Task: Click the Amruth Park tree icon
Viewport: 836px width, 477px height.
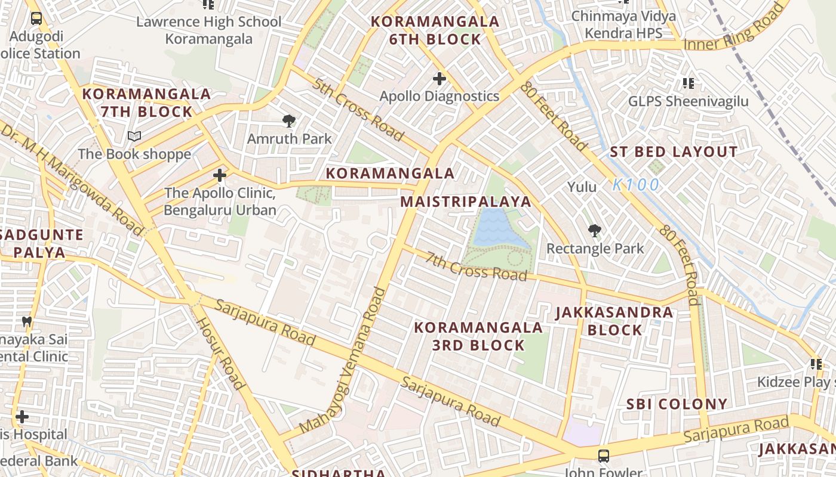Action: click(x=289, y=121)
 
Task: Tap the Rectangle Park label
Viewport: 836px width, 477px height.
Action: click(x=595, y=248)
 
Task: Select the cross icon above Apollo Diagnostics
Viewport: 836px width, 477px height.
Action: click(x=439, y=78)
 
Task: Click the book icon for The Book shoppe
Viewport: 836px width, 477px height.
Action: click(x=134, y=137)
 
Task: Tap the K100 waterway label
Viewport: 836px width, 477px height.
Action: click(x=636, y=185)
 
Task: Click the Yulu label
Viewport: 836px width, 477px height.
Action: click(x=582, y=187)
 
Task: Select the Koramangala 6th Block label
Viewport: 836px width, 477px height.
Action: click(x=435, y=30)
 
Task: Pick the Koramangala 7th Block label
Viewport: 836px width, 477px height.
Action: click(x=146, y=103)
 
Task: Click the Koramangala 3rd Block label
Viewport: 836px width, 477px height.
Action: click(x=478, y=336)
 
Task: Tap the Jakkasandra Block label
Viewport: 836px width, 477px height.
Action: click(x=614, y=321)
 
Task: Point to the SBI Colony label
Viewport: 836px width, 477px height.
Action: click(x=677, y=404)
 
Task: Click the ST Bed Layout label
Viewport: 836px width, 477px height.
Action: click(x=674, y=152)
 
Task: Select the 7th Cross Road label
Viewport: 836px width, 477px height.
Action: click(x=477, y=265)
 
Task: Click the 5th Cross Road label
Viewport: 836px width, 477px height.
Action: click(x=357, y=109)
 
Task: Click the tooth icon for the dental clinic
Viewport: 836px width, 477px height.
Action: click(x=26, y=321)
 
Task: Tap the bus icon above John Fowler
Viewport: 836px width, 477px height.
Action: click(x=604, y=456)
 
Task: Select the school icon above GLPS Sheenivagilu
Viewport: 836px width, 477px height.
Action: click(x=688, y=83)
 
